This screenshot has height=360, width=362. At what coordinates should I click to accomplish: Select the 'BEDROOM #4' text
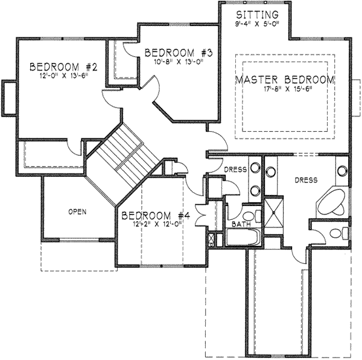(156, 215)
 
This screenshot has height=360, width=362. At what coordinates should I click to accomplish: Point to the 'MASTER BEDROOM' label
(285, 80)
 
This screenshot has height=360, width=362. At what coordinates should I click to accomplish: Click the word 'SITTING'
(257, 14)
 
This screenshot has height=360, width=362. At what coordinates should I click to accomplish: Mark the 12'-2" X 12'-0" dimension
(156, 225)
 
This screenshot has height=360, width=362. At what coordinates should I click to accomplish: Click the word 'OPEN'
(77, 211)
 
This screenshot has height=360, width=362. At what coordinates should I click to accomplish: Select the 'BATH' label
(241, 225)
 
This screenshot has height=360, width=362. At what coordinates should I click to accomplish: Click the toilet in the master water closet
(343, 233)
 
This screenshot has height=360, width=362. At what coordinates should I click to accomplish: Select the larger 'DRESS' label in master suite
(306, 180)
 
